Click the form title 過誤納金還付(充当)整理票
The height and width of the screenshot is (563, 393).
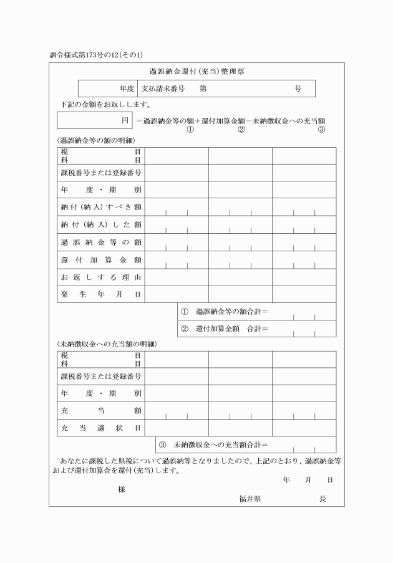[x=196, y=72]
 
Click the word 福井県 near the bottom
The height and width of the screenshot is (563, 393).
[x=250, y=499]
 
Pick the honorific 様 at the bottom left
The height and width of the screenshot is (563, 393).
[x=122, y=489]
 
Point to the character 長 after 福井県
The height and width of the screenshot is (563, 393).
[x=323, y=499]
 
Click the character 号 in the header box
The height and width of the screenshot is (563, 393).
[x=298, y=89]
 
